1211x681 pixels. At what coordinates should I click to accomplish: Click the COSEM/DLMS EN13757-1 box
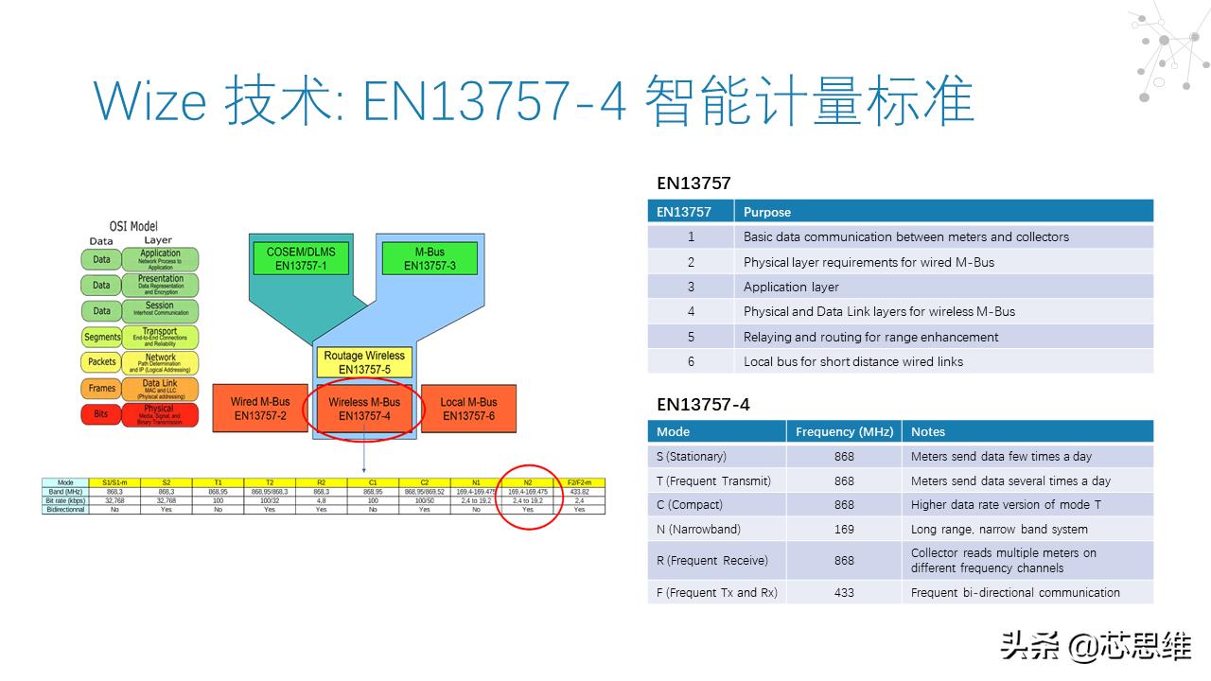(x=300, y=258)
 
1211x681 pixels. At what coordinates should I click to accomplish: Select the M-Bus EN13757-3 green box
(x=430, y=258)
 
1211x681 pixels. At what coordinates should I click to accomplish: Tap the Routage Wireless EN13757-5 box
(x=364, y=362)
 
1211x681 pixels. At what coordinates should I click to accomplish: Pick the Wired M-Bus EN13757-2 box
(x=260, y=409)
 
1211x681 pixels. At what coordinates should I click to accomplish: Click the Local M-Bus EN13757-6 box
(x=468, y=409)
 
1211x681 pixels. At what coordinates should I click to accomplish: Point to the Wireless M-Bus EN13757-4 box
(x=364, y=409)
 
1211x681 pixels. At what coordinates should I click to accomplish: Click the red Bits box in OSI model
(x=101, y=414)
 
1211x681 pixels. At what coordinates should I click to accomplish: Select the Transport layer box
(x=160, y=337)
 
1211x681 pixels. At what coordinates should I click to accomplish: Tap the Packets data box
(x=101, y=362)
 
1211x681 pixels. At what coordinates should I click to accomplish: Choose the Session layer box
(x=160, y=310)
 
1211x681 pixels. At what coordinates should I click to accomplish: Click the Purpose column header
(x=767, y=212)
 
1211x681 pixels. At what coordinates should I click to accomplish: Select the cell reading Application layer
(x=791, y=287)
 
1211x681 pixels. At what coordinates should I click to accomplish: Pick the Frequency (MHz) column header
(x=844, y=431)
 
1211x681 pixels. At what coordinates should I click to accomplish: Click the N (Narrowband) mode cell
(x=699, y=530)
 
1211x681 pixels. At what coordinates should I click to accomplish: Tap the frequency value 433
(x=844, y=592)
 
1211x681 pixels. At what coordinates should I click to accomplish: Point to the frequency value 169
(x=844, y=530)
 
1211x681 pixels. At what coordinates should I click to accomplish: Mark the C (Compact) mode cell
(x=690, y=505)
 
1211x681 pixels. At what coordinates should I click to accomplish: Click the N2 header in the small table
(x=528, y=483)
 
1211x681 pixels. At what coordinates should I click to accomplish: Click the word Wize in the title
(x=149, y=100)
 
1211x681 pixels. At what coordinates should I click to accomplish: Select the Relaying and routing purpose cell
(x=870, y=337)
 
